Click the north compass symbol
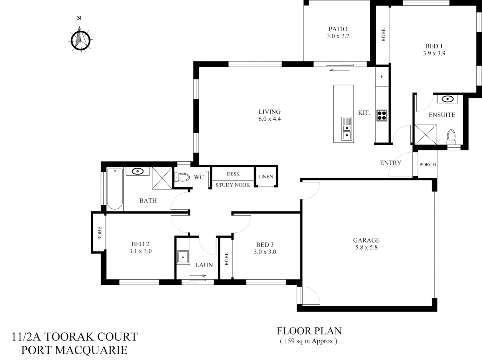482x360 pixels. click(80, 40)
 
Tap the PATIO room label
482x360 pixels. click(338, 29)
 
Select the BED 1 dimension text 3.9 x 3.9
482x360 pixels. click(434, 53)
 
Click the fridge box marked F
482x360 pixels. click(382, 76)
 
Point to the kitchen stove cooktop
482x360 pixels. click(382, 115)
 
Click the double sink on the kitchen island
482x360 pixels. click(347, 129)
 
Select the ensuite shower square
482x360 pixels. click(425, 135)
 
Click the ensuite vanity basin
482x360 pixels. click(447, 99)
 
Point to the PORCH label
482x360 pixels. click(427, 164)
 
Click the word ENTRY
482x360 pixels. click(390, 163)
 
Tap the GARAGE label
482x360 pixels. click(366, 240)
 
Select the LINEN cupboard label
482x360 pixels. click(266, 176)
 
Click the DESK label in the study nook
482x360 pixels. click(233, 174)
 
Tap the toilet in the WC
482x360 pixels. click(182, 177)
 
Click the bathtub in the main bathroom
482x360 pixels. click(115, 189)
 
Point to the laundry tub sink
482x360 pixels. click(182, 257)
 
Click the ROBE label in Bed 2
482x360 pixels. click(99, 233)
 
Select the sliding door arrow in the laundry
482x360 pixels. click(198, 276)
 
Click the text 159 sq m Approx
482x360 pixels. click(309, 341)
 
